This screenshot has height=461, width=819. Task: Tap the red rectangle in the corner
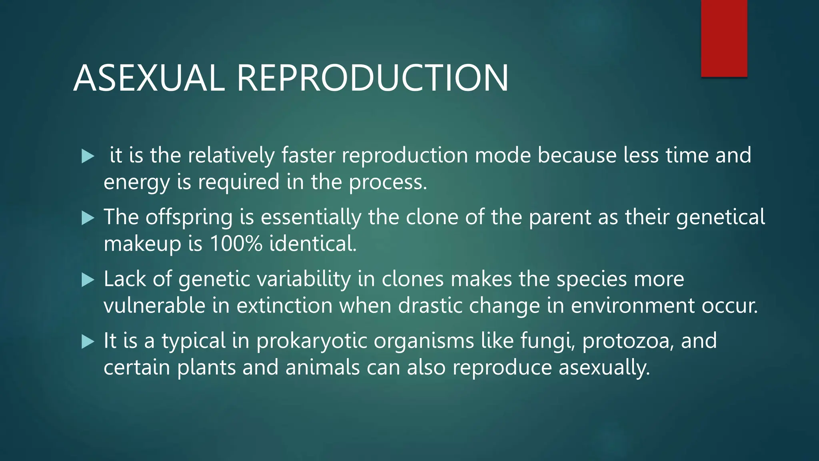pos(724,38)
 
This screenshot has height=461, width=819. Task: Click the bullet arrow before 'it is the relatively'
pos(87,156)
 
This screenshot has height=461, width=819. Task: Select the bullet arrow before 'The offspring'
pos(87,218)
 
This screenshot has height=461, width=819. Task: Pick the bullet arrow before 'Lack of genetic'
pos(87,280)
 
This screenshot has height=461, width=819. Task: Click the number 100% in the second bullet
pos(236,243)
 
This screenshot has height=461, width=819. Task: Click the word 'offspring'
pos(189,218)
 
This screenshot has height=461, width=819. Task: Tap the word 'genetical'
pos(720,218)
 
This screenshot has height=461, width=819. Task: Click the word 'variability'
pos(304,279)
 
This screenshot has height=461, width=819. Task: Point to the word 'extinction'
pos(284,306)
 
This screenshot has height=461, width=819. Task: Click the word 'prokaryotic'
pos(312,341)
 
